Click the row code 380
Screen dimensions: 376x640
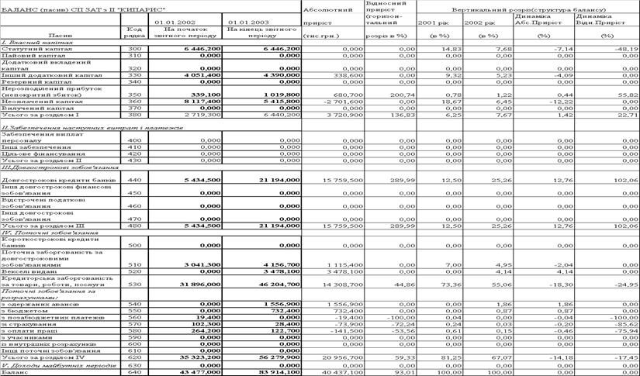(133, 115)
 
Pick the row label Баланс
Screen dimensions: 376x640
(14, 371)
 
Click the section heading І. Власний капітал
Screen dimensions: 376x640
(28, 41)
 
